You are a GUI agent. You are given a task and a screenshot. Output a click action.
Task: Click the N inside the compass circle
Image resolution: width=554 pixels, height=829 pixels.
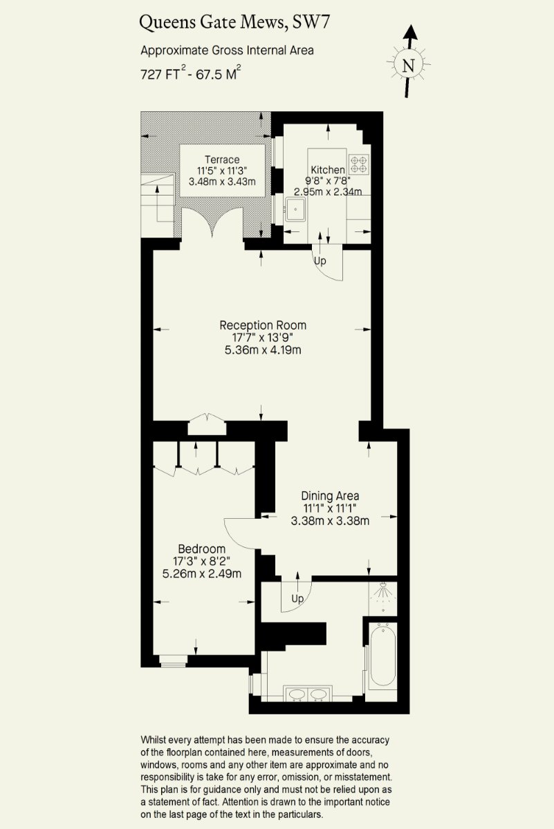pyautogui.click(x=408, y=66)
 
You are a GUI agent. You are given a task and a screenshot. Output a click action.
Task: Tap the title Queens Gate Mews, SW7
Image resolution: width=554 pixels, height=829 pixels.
pyautogui.click(x=234, y=22)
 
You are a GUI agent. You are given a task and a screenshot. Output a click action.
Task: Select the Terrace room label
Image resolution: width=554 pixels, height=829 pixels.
pyautogui.click(x=222, y=160)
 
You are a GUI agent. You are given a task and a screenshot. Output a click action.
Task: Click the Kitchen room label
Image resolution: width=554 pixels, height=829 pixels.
pyautogui.click(x=328, y=170)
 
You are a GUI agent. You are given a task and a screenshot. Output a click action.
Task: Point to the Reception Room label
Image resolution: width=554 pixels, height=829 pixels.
pyautogui.click(x=263, y=325)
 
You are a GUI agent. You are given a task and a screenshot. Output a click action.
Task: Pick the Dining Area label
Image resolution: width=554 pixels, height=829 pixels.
pyautogui.click(x=330, y=496)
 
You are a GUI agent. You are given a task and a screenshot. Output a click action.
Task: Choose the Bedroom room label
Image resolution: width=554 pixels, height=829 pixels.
pyautogui.click(x=201, y=549)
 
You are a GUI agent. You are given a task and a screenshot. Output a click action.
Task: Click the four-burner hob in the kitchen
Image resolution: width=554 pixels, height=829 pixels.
pyautogui.click(x=359, y=164)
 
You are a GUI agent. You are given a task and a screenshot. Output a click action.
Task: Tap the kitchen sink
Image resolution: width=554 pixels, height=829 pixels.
pyautogui.click(x=295, y=209)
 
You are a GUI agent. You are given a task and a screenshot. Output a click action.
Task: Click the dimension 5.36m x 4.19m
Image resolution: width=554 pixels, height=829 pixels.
pyautogui.click(x=263, y=350)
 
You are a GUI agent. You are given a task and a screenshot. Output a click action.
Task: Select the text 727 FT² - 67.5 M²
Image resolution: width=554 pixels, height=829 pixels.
pyautogui.click(x=191, y=73)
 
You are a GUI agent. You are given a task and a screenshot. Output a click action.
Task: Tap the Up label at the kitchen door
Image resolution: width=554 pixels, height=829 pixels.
pyautogui.click(x=320, y=261)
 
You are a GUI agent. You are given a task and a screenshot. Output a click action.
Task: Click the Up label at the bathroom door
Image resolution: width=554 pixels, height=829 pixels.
pyautogui.click(x=297, y=598)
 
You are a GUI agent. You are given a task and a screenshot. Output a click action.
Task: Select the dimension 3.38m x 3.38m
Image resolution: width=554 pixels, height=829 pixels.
pyautogui.click(x=330, y=521)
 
